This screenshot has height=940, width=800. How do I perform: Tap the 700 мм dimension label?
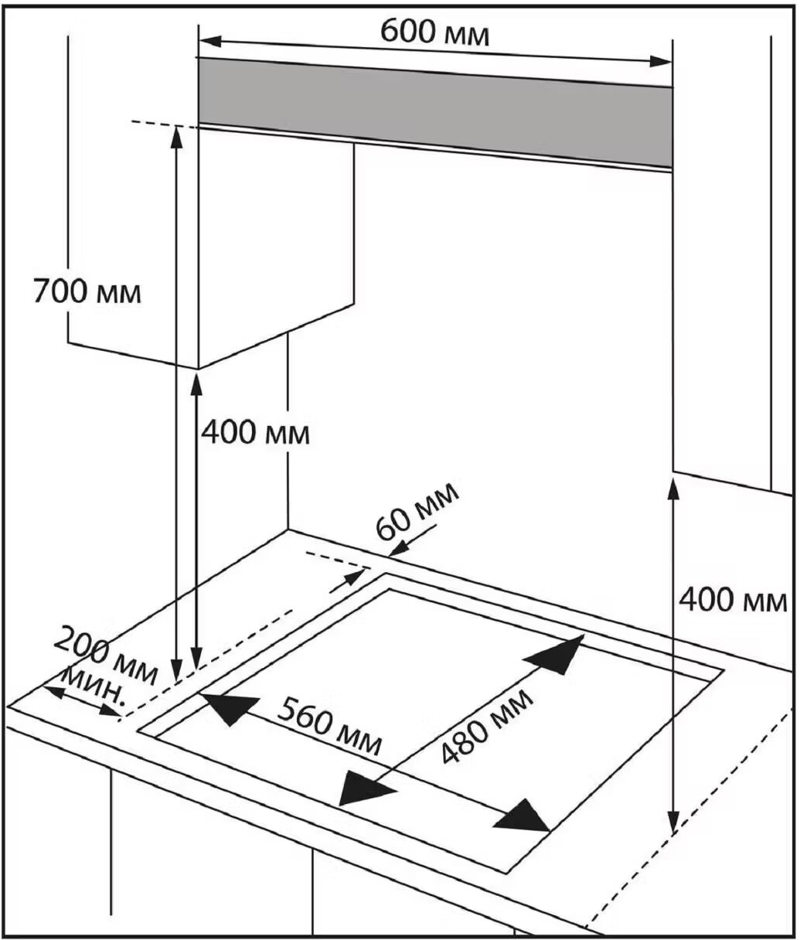click(87, 291)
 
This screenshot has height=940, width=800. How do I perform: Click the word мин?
click(95, 685)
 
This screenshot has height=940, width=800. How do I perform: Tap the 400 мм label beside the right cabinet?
click(733, 599)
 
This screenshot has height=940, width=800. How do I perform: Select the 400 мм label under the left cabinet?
click(255, 433)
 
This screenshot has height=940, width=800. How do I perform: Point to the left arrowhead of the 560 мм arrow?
click(229, 707)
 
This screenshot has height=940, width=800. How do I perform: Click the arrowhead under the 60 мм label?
click(397, 549)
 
